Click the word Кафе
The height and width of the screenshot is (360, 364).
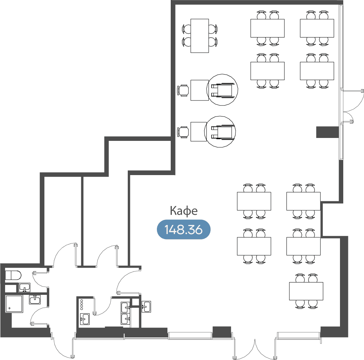(x=183, y=211)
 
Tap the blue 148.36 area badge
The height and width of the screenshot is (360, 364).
(x=183, y=229)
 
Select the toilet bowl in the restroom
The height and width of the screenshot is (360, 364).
(x=13, y=276)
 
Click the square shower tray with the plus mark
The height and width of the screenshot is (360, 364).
(x=14, y=304)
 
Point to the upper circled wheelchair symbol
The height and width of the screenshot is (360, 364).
(x=222, y=90)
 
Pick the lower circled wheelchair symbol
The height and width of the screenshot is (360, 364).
(x=220, y=132)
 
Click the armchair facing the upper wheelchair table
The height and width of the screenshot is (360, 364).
(x=183, y=91)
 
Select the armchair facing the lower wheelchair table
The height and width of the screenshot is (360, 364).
(x=183, y=132)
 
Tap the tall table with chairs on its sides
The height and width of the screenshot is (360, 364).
(x=199, y=36)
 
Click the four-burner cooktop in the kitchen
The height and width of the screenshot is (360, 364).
(x=82, y=305)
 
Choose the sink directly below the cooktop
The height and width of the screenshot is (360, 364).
(x=84, y=319)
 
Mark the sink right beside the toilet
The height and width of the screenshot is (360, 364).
(x=24, y=287)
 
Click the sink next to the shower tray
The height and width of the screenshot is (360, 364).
(x=35, y=300)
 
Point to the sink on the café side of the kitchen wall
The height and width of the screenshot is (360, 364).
(x=146, y=306)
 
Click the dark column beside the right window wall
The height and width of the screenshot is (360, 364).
(x=327, y=132)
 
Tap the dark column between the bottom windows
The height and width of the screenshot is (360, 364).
(x=222, y=332)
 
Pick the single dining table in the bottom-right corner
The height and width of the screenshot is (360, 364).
(x=306, y=291)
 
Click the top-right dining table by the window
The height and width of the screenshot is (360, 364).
(x=317, y=28)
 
